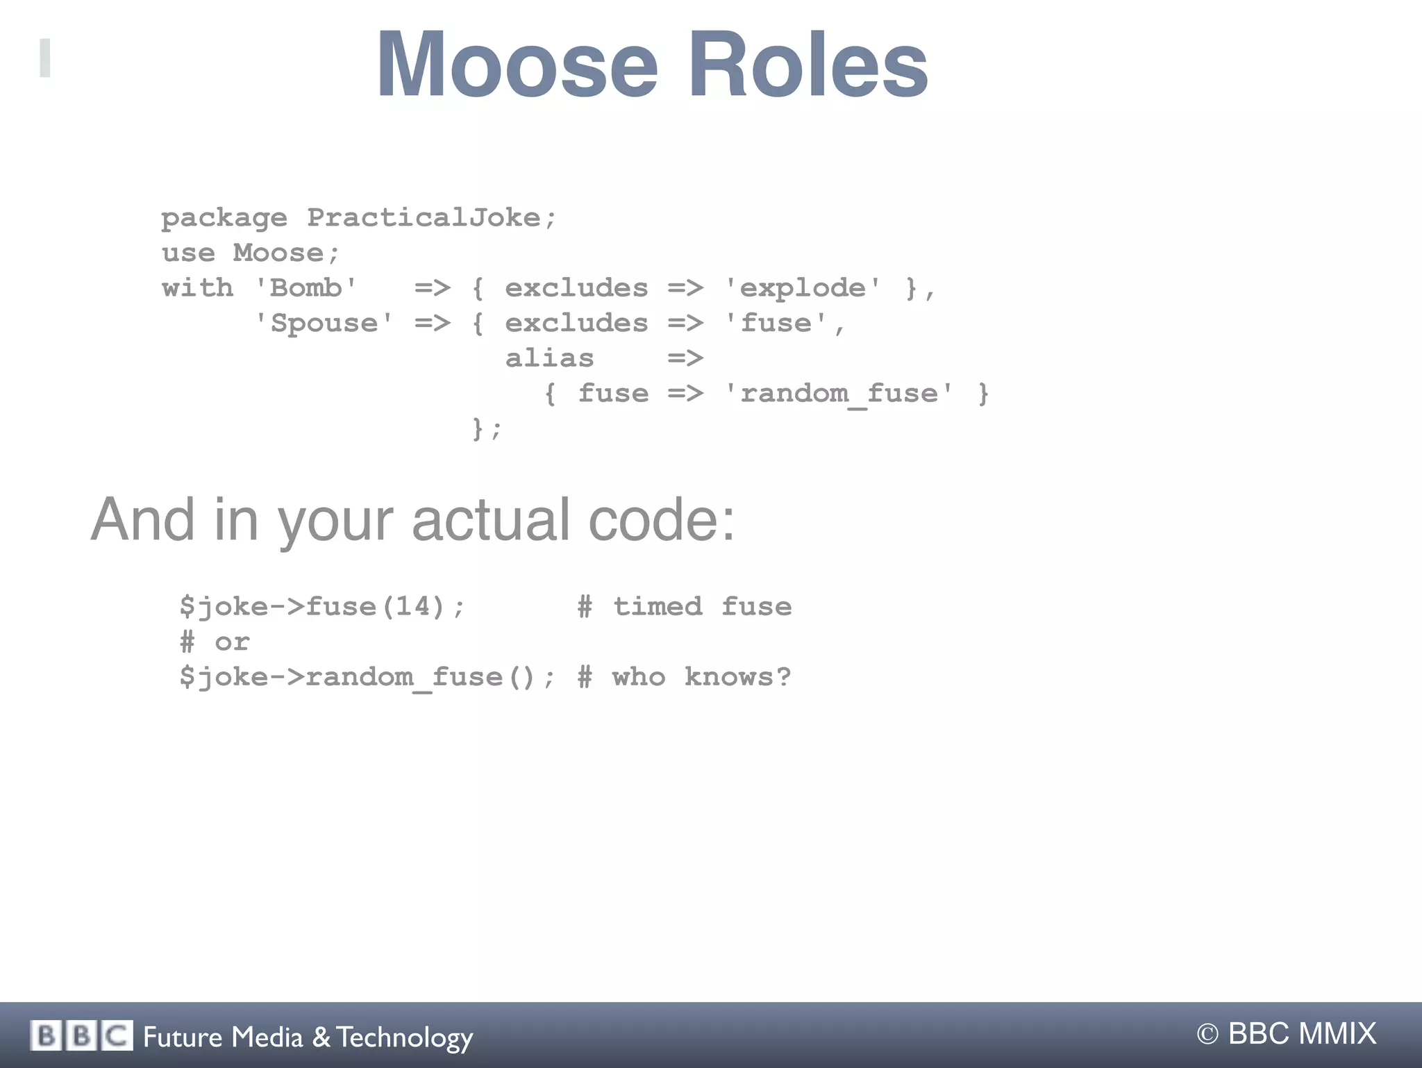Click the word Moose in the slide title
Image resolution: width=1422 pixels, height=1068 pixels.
coord(517,66)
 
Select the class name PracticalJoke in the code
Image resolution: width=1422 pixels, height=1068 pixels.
coord(424,217)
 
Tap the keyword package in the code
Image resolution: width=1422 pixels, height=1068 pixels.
coord(224,219)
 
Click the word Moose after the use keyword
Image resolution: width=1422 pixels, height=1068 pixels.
coord(278,253)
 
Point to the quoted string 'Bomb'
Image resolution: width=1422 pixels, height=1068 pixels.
coord(306,287)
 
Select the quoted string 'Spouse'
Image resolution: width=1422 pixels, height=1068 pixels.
coord(324,323)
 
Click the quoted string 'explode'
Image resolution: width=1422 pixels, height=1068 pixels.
coord(803,287)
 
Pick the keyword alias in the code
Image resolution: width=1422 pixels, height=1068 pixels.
coord(549,358)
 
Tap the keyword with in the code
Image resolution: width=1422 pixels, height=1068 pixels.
coord(197,287)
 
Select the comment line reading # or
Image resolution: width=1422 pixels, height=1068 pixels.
coord(215,642)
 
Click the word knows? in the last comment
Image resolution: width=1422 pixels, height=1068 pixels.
coord(737,676)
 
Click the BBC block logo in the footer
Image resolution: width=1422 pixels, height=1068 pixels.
coord(81,1036)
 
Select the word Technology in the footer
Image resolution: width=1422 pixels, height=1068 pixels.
coord(405,1037)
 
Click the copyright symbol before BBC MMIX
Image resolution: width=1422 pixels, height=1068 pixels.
coord(1207,1034)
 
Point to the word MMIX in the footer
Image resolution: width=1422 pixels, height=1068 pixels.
coord(1337,1033)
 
